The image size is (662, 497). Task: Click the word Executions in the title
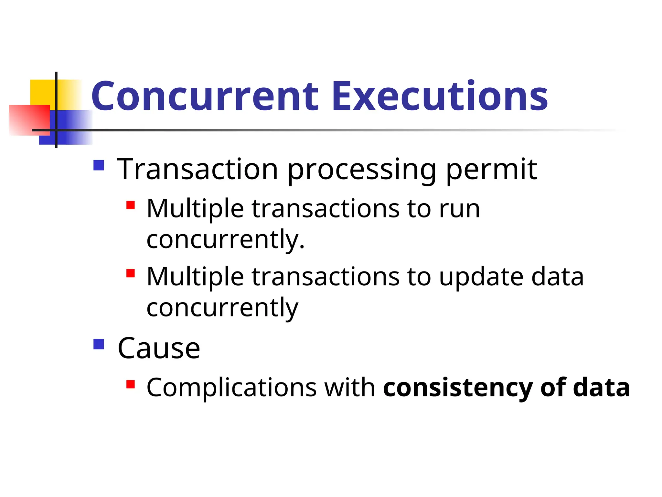pos(440,96)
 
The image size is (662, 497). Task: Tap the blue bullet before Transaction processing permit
pos(99,165)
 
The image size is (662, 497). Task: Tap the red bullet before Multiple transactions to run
pos(131,205)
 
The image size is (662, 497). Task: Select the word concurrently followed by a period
pos(225,240)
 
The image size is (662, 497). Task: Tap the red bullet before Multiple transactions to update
pos(131,273)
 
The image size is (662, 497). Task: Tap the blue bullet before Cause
pos(99,344)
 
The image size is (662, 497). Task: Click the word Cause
pos(159,348)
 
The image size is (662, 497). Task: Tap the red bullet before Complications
pos(131,384)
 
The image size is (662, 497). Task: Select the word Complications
pos(231,388)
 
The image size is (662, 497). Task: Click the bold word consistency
pos(458,388)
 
